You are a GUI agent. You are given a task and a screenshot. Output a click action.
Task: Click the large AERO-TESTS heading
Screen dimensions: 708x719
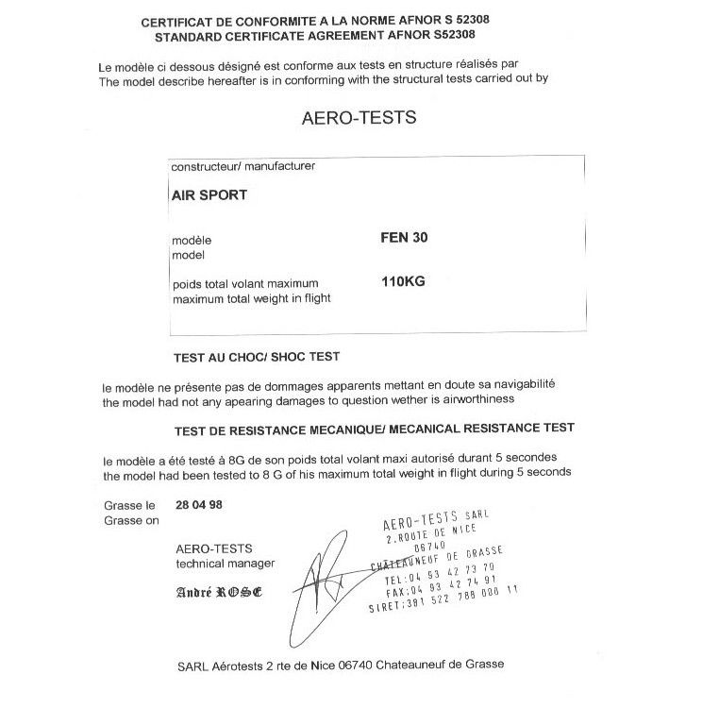tap(358, 119)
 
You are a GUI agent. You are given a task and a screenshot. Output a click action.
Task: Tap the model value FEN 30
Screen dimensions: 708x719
tap(403, 238)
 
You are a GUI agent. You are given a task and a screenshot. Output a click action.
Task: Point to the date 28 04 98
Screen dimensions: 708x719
tap(199, 504)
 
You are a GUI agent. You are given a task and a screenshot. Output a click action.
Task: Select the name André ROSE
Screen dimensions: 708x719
tap(219, 593)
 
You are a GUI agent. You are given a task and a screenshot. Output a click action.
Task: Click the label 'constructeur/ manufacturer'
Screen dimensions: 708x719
tap(242, 166)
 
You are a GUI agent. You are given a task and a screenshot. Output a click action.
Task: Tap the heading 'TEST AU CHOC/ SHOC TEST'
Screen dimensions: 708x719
tap(257, 358)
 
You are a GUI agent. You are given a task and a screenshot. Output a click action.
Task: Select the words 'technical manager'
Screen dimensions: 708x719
tap(225, 564)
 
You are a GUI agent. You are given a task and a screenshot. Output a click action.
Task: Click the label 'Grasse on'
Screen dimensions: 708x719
tap(131, 520)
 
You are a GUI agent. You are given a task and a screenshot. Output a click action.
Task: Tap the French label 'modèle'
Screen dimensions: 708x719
tap(192, 240)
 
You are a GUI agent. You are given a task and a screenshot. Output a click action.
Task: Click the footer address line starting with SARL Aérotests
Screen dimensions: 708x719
tap(340, 664)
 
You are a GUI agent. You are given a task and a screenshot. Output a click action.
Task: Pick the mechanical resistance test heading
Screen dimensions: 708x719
tap(375, 428)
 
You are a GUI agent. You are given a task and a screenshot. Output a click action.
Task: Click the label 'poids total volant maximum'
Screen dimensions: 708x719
tap(245, 283)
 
